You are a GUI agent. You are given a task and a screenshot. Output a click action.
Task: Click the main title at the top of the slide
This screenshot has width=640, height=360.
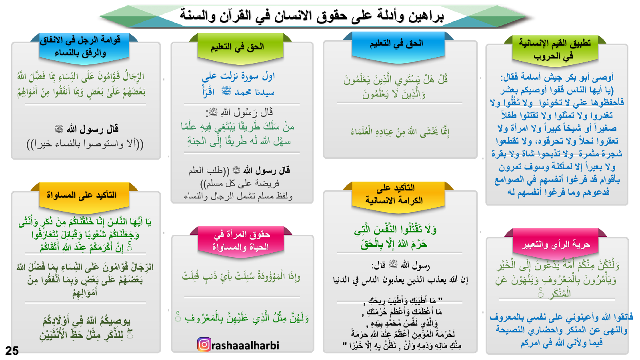click(x=312, y=16)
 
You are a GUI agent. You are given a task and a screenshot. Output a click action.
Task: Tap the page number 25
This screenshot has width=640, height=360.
click(x=12, y=350)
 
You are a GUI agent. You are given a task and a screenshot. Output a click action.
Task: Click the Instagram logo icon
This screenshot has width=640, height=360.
click(x=204, y=344)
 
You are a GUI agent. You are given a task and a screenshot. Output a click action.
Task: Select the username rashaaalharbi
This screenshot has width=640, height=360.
click(x=245, y=346)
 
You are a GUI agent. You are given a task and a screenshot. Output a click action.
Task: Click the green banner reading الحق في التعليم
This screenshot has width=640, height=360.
click(x=240, y=48)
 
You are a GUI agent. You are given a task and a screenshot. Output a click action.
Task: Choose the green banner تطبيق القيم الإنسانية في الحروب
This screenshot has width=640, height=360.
click(x=555, y=50)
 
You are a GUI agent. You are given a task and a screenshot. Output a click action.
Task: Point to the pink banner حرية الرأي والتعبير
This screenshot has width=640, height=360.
click(x=556, y=244)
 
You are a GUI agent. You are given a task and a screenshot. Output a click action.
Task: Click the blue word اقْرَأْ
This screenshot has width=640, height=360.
click(x=208, y=92)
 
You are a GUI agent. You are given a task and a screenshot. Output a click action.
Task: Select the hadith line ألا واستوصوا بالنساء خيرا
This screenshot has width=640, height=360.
click(x=85, y=144)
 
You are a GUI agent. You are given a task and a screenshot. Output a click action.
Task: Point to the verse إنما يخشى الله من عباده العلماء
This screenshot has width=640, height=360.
click(x=400, y=132)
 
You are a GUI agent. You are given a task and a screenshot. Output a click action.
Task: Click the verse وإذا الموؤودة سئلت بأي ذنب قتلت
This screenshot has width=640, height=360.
click(x=241, y=276)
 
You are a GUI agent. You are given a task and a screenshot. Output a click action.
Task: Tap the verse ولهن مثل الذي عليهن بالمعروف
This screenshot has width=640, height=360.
click(x=242, y=318)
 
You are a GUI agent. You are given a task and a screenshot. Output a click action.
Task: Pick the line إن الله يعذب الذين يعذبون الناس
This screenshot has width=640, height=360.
click(x=400, y=280)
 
